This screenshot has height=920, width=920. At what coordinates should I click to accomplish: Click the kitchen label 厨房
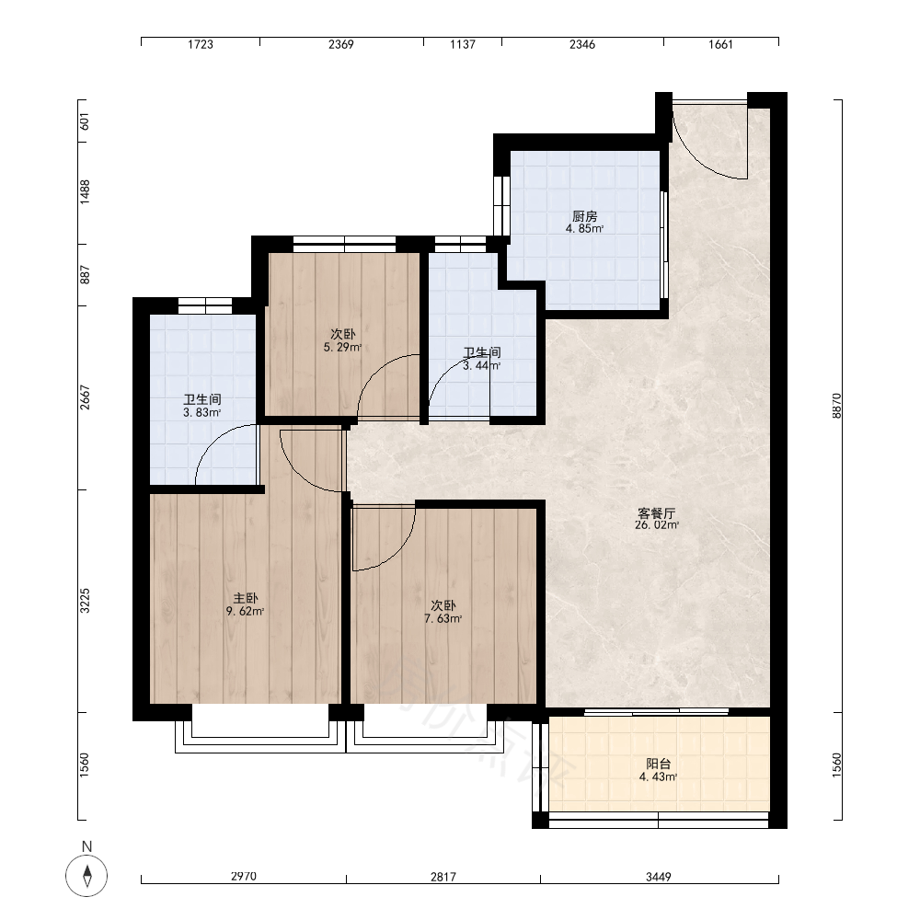[x=584, y=216]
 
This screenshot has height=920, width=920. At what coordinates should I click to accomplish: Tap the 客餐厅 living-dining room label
[x=657, y=512]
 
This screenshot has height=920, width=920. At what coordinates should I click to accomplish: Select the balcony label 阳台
[x=659, y=764]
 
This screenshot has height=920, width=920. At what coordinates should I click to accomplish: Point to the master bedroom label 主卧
[x=246, y=599]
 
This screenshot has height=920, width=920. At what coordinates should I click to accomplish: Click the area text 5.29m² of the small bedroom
[x=342, y=348]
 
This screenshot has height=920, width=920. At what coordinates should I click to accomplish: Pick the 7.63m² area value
[x=443, y=619]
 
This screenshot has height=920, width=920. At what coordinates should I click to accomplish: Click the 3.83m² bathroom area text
[x=202, y=412]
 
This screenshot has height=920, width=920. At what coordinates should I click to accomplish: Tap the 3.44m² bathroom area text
[x=482, y=365]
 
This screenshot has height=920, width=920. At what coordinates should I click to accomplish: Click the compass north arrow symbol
[x=86, y=876]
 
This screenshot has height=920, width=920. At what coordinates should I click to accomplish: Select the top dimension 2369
[x=341, y=44]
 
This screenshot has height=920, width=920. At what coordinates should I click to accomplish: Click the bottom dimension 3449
[x=659, y=877]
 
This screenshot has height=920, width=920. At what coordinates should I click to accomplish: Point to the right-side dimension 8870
[x=836, y=406]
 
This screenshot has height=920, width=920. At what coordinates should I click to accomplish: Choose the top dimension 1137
[x=463, y=44]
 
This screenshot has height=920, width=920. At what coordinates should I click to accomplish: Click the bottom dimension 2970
[x=244, y=877]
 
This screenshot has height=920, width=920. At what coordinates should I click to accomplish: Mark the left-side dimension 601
[x=85, y=121]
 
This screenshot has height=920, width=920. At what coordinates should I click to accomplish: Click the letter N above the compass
[x=86, y=846]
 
